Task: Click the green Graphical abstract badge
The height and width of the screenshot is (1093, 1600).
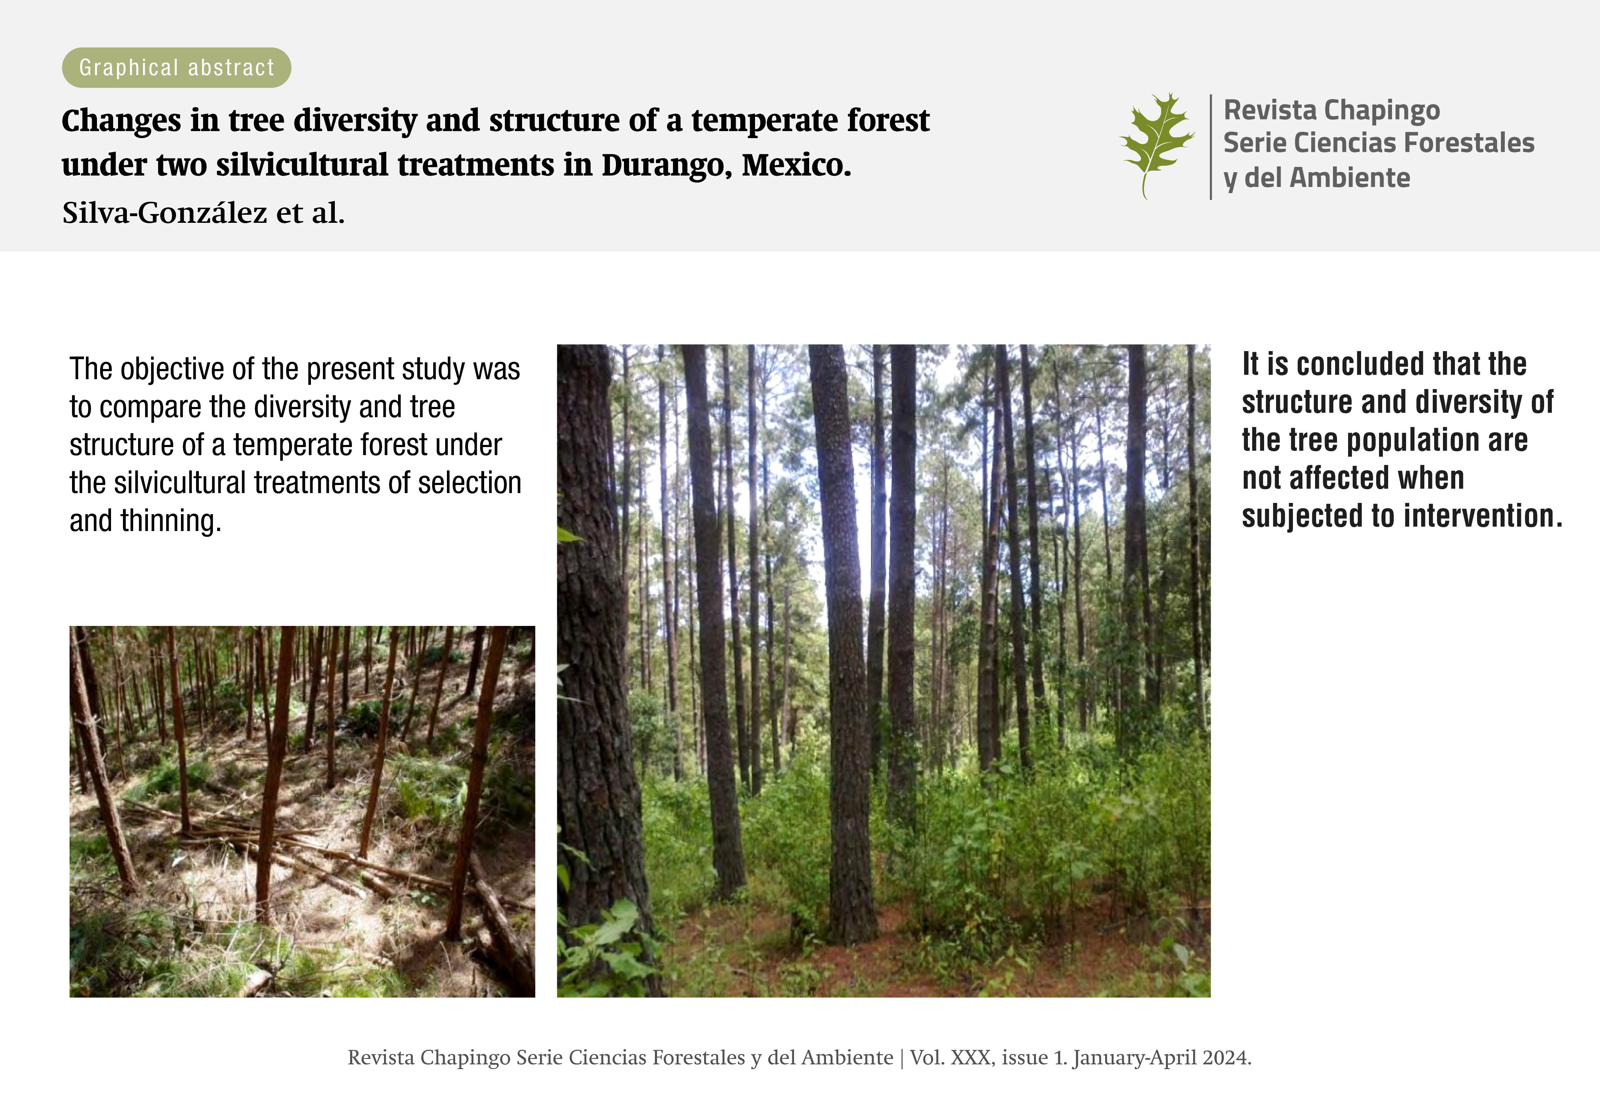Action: click(x=176, y=67)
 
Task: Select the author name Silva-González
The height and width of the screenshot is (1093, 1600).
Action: click(x=164, y=213)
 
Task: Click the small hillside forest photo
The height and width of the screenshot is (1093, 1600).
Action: click(x=302, y=811)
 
